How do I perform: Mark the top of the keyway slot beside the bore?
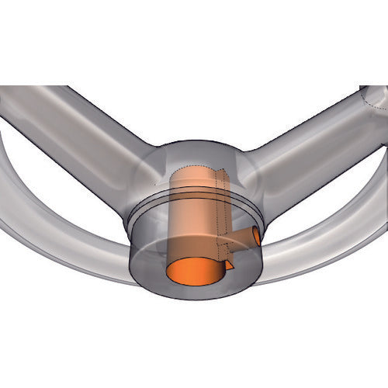coord(223,175)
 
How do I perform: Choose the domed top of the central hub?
coord(194,151)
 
